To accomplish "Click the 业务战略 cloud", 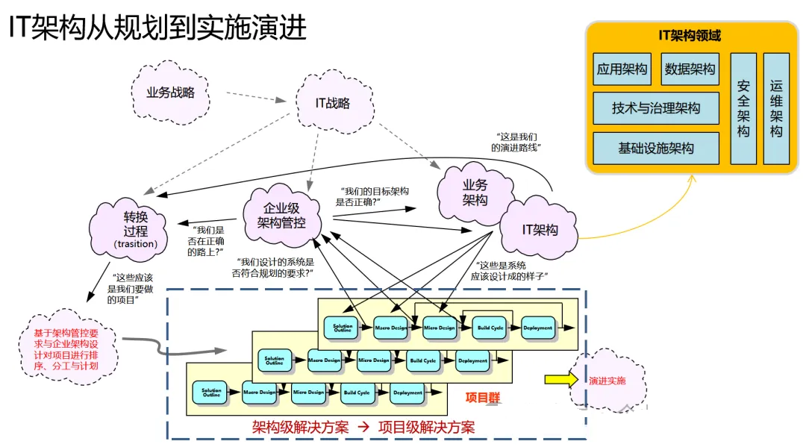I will (x=171, y=93).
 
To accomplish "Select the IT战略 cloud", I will (x=333, y=104).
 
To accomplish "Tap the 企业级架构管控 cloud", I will (x=281, y=216).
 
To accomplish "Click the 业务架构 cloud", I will (x=475, y=192).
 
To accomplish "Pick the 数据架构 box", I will (x=690, y=69).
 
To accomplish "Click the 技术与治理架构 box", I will (x=656, y=108).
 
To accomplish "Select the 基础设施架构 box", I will (x=656, y=149).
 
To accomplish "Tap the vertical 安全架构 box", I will (x=743, y=108).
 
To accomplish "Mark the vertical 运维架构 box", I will (x=776, y=108).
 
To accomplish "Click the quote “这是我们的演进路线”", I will (x=516, y=142).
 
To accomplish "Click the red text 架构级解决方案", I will (x=301, y=428).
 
